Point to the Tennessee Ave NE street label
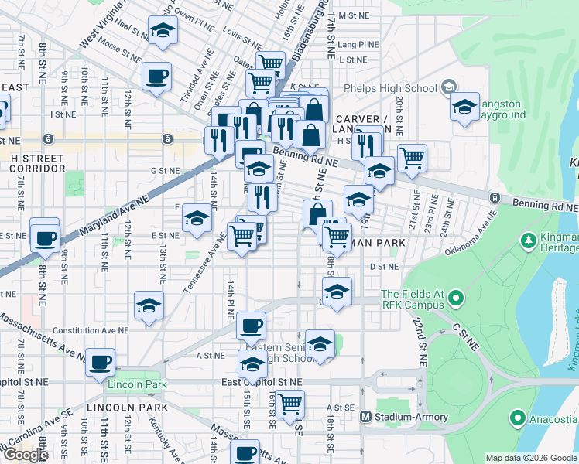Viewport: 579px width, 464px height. [199, 265]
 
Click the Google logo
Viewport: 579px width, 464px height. [26, 455]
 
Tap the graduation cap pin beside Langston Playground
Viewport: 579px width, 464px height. [464, 107]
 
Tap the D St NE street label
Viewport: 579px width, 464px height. [383, 267]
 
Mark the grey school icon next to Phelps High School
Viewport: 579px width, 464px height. [449, 88]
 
